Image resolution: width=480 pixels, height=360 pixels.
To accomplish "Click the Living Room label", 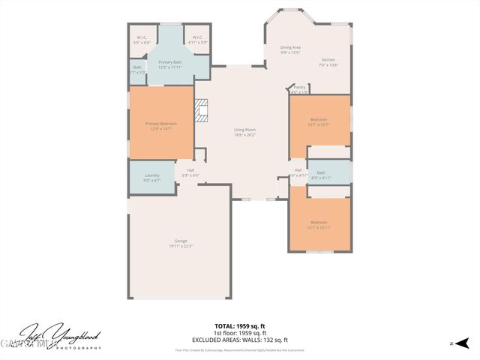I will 245,132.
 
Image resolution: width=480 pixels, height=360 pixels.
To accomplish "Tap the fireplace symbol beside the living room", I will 201,111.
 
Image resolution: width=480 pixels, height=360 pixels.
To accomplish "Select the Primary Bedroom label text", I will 160,125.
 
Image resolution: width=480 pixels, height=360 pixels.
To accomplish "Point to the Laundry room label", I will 152,177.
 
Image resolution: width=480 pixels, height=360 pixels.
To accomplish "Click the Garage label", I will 181,243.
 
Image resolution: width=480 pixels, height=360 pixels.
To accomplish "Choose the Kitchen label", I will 328,62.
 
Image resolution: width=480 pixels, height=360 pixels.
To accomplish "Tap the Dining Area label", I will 290,49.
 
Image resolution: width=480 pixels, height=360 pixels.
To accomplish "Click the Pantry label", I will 299,88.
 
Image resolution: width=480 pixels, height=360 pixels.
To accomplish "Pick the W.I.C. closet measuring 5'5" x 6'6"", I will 142,40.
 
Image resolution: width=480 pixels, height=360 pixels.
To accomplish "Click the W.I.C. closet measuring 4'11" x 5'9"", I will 197,40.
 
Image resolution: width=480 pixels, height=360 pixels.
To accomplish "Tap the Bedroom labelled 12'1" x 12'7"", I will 319,121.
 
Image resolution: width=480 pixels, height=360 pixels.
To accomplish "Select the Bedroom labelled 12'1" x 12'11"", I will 319,224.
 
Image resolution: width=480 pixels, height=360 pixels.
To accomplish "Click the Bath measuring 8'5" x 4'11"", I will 320,175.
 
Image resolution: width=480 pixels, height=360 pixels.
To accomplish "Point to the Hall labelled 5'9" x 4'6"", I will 190,172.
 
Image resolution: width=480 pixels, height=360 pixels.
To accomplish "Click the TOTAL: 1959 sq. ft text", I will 239,326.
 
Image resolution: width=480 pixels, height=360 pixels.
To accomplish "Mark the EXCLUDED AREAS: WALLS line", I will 239,340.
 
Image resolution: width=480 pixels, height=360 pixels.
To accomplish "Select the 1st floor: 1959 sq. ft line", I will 239,333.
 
